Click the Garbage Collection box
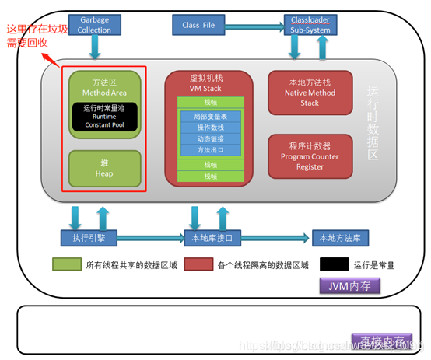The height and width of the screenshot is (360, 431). (x=94, y=24)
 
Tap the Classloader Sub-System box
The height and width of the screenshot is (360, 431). (x=310, y=24)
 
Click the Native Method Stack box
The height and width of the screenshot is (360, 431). (x=310, y=92)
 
